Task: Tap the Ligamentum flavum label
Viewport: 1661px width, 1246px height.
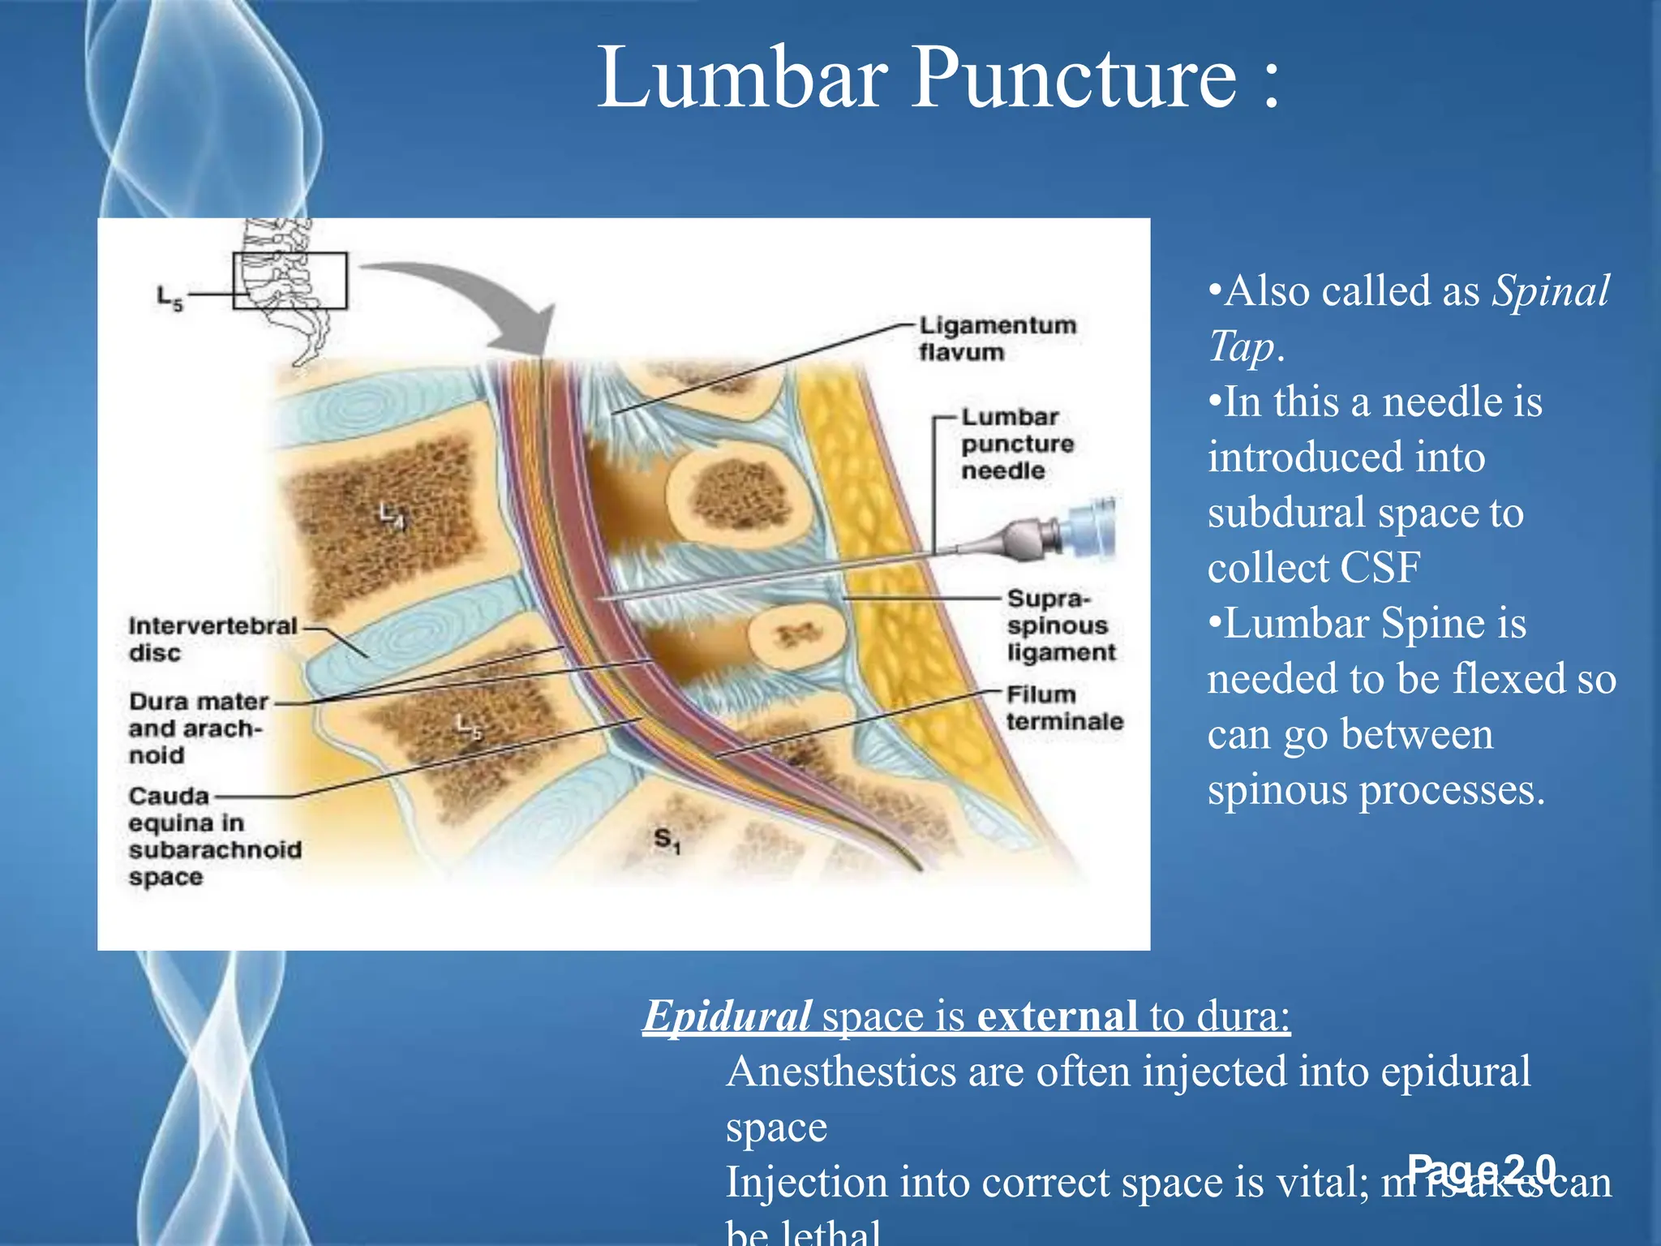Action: pos(998,338)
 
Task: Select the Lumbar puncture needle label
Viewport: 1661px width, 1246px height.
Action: pos(1017,444)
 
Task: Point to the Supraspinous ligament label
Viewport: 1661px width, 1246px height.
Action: pos(1061,625)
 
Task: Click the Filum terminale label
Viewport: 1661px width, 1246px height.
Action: pos(1064,707)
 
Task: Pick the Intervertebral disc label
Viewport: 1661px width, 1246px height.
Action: pos(212,638)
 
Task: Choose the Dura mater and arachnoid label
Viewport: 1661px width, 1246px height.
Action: pos(198,728)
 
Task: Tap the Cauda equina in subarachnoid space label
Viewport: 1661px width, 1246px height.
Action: pos(214,836)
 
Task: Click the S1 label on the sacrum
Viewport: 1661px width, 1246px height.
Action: pos(667,840)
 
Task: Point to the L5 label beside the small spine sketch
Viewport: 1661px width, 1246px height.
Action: pos(170,298)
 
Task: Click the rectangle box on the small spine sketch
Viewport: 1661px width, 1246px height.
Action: pos(290,281)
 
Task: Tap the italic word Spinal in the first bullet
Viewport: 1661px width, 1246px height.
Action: pos(1551,290)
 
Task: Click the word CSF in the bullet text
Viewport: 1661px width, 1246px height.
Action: pos(1380,567)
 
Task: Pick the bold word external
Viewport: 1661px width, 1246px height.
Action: pos(1058,1015)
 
